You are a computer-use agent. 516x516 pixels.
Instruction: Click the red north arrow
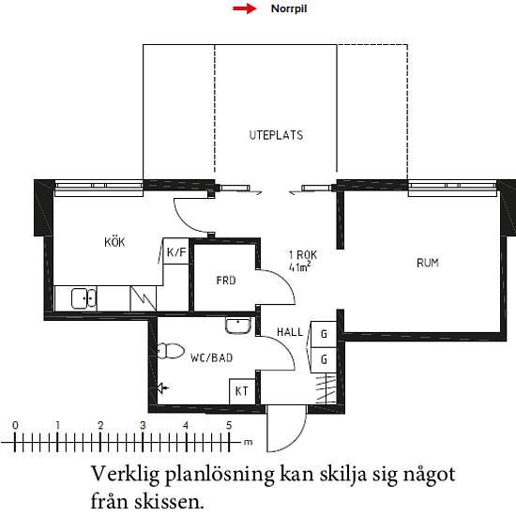245,8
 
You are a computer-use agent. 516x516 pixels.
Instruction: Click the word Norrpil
289,8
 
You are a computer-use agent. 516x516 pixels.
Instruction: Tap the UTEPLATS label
276,135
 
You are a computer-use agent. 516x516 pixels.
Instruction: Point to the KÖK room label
114,242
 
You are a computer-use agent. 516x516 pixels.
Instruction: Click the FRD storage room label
226,281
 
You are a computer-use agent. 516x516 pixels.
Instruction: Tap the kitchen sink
83,298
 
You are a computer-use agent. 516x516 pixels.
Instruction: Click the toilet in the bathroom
171,351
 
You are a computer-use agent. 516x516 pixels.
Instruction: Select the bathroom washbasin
238,326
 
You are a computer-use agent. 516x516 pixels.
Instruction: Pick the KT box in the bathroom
242,391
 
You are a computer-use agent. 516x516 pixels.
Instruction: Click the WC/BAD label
212,357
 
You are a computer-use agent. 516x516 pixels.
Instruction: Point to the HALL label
290,332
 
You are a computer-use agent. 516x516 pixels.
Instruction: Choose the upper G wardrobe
324,334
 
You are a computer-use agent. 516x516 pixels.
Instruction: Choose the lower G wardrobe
324,359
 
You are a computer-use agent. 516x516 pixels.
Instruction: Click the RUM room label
428,263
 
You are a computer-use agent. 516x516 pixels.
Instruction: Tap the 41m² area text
300,266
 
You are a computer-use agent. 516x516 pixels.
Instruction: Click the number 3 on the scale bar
143,426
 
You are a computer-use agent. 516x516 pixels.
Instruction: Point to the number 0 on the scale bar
15,426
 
